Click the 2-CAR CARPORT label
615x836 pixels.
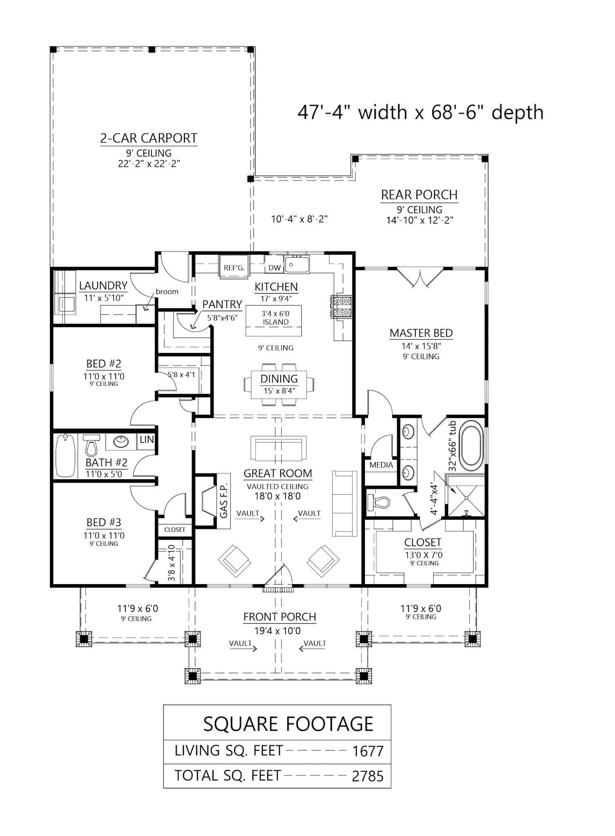(149, 138)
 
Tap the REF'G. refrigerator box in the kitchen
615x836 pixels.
(234, 268)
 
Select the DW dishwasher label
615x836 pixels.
(275, 268)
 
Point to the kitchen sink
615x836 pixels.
(297, 265)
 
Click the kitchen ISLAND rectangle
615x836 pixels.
(274, 321)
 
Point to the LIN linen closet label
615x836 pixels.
(146, 440)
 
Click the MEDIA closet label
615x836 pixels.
(381, 465)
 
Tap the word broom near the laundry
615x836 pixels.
(167, 291)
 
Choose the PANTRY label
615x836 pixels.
(222, 305)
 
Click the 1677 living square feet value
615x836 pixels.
(368, 752)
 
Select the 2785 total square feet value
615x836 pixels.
(368, 776)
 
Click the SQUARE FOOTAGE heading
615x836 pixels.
(288, 724)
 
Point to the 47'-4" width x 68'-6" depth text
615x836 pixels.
(420, 112)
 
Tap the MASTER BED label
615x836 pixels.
(421, 333)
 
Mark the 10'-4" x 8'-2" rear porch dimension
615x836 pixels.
(300, 219)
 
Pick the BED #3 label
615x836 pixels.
(103, 522)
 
